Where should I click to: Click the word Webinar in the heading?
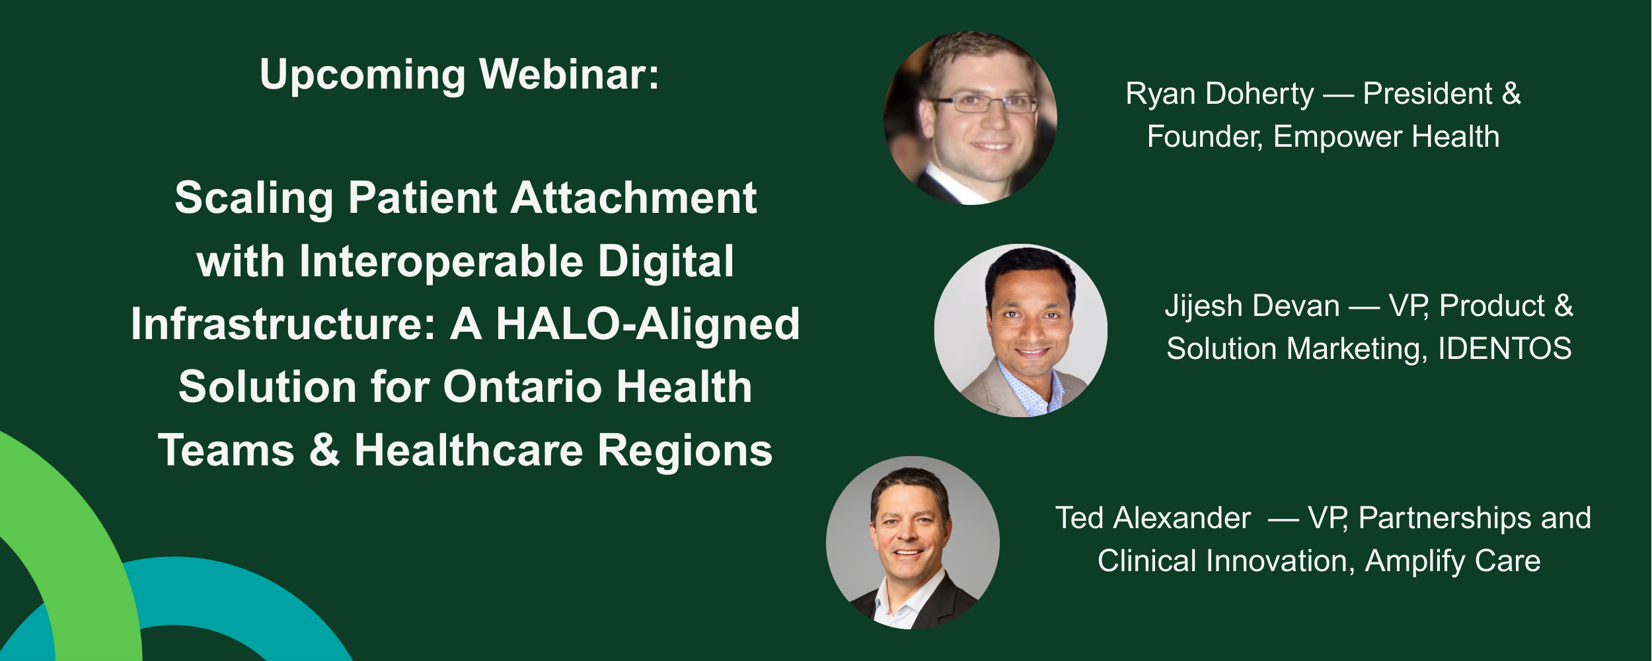pyautogui.click(x=568, y=74)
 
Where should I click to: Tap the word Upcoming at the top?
pyautogui.click(x=363, y=75)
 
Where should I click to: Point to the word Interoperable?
pyautogui.click(x=441, y=261)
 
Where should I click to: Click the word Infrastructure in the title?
pyautogui.click(x=283, y=324)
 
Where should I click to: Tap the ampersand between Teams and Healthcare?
pyautogui.click(x=324, y=450)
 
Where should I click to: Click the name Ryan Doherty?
pyautogui.click(x=1219, y=94)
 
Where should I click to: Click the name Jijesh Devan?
pyautogui.click(x=1252, y=306)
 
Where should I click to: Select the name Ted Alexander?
pyautogui.click(x=1152, y=518)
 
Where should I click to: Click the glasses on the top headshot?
pyautogui.click(x=985, y=104)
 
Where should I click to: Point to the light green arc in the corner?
pyautogui.click(x=79, y=529)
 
